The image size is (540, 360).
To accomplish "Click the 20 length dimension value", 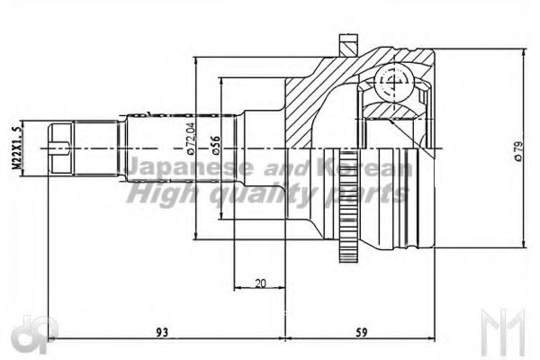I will [260, 283].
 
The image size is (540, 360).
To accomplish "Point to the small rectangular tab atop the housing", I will [346, 42].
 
